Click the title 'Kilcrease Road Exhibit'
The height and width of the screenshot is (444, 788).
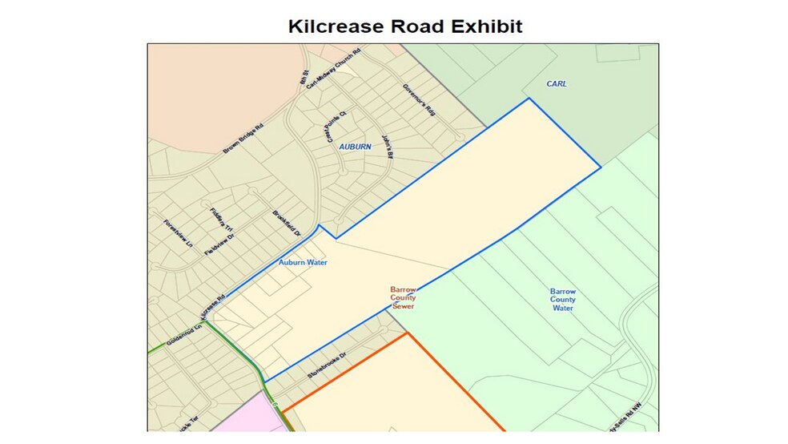(x=405, y=26)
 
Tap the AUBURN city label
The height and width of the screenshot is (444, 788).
(x=355, y=147)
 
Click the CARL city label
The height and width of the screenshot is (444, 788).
(x=556, y=83)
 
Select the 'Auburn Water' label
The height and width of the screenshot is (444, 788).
(x=303, y=262)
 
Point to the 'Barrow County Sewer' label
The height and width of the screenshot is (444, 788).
(x=403, y=298)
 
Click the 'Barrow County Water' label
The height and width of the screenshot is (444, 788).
(x=563, y=300)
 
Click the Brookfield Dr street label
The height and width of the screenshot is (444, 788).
(x=286, y=223)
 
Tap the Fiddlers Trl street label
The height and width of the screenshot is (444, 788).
(x=220, y=220)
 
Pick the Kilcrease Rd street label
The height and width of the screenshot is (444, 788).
(x=215, y=309)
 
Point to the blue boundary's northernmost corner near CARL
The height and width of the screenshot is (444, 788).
(x=529, y=99)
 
